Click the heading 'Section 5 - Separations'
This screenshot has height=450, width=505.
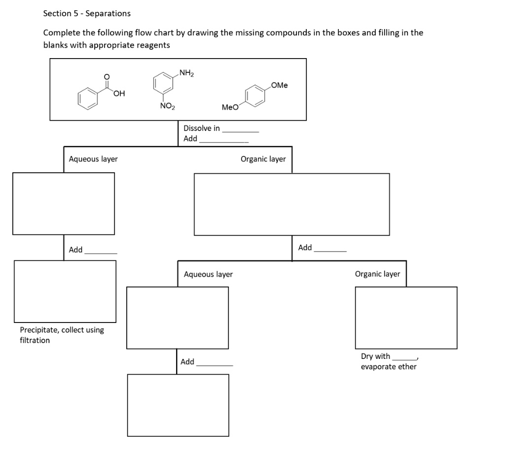(87, 13)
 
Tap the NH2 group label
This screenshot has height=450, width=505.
(186, 74)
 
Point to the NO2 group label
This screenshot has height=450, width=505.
(166, 106)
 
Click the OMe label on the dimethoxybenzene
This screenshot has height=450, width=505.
(279, 85)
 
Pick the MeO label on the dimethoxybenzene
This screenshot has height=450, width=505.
(230, 107)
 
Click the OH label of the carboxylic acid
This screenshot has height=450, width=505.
(118, 94)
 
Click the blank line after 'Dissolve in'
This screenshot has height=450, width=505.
(240, 131)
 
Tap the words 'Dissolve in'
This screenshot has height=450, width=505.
(202, 128)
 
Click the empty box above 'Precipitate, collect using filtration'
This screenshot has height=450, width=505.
(65, 291)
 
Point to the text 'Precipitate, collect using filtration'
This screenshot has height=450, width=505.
(62, 335)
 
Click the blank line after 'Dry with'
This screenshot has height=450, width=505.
(404, 359)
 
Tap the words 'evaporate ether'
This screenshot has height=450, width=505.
(389, 367)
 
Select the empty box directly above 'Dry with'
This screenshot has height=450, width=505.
(406, 317)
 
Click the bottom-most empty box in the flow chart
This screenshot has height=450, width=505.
(178, 405)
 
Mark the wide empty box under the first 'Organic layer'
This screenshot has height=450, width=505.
(291, 204)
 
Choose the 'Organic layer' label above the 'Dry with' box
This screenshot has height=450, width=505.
(377, 274)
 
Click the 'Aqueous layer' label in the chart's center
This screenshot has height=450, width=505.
(208, 274)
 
